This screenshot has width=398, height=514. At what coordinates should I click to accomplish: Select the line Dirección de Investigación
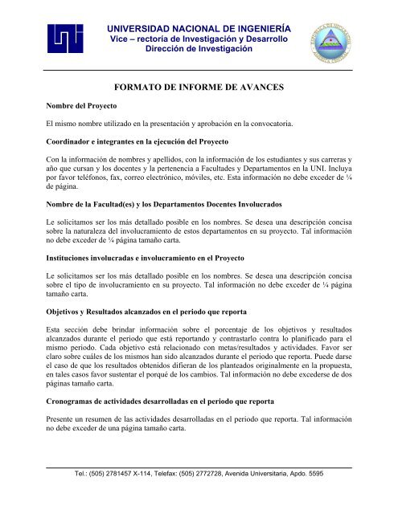pyautogui.click(x=198, y=50)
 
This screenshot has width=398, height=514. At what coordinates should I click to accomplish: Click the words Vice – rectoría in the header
pyautogui.click(x=138, y=38)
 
